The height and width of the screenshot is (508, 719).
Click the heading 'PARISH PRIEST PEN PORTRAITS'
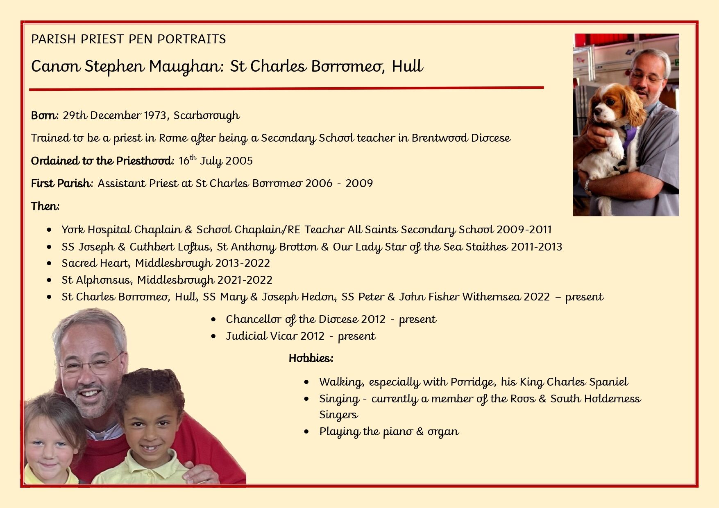[x=128, y=39]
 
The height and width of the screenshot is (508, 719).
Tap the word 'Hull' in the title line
[x=407, y=66]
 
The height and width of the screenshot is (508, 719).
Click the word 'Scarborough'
[x=206, y=116]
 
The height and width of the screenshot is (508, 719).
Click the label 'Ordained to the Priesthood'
[x=102, y=160]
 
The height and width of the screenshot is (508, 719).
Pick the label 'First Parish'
[x=61, y=183]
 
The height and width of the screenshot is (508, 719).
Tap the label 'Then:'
[x=45, y=206]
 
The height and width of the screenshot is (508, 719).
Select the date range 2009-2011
[x=524, y=230]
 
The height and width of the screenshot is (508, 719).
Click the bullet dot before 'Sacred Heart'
[x=50, y=264]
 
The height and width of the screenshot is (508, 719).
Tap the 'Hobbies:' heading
[x=311, y=358]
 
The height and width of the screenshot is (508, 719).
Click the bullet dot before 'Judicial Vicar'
[x=213, y=336]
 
